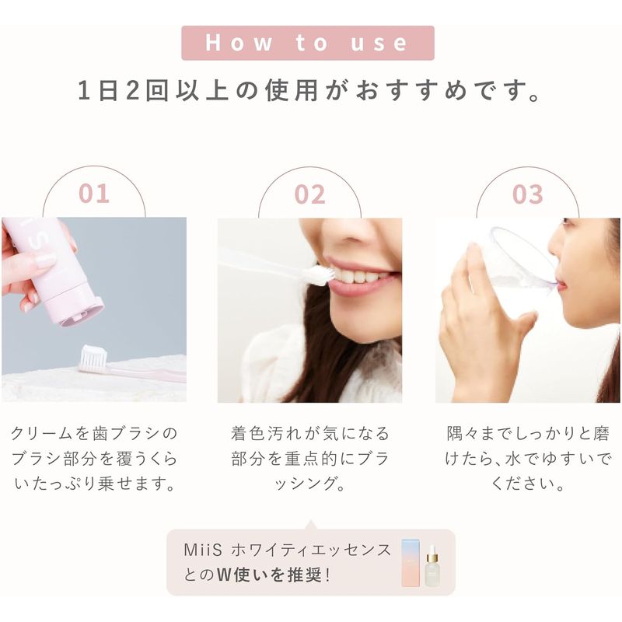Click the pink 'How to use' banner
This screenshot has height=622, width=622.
[308, 43]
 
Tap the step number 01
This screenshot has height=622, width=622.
[93, 194]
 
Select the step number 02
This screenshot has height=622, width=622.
[309, 194]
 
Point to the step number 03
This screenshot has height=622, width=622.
[528, 194]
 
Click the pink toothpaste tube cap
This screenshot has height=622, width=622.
[82, 313]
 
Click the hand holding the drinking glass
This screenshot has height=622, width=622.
[482, 317]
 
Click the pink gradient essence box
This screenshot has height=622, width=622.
[411, 562]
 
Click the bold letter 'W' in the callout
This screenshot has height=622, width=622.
[224, 575]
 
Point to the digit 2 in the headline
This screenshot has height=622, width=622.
[134, 90]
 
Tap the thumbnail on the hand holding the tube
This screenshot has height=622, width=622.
[45, 260]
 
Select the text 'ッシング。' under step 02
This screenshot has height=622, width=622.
[309, 484]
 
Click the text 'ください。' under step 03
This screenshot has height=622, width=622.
[528, 484]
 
